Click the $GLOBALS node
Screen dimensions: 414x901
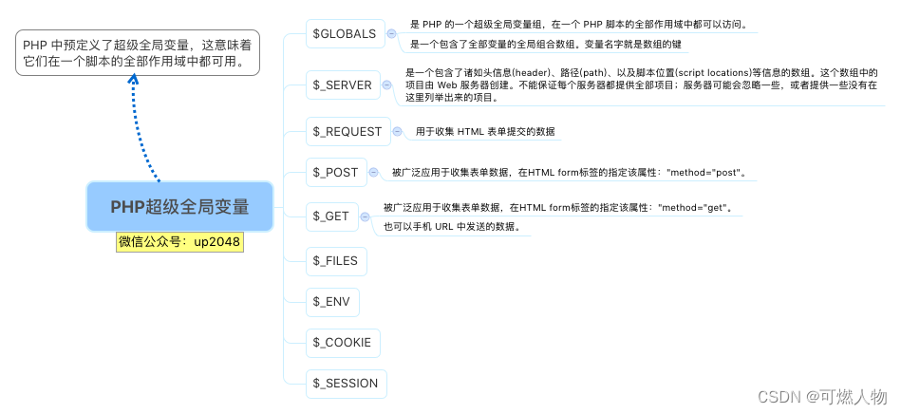344,34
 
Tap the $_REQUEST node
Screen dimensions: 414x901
347,131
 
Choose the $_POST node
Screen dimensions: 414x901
335,172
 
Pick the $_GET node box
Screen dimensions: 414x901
331,216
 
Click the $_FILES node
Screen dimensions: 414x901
336,259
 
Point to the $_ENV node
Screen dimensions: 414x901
332,302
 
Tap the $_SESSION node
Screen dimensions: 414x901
346,384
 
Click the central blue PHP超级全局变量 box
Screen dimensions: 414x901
179,206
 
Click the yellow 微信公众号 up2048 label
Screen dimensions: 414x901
179,242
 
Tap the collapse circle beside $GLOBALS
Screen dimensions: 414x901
392,34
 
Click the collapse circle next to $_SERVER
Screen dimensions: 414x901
385,85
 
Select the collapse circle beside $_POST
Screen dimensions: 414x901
372,172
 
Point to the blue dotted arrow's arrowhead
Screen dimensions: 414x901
134,80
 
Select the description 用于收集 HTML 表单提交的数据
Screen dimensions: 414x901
484,132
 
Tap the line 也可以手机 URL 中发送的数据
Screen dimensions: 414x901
451,227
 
